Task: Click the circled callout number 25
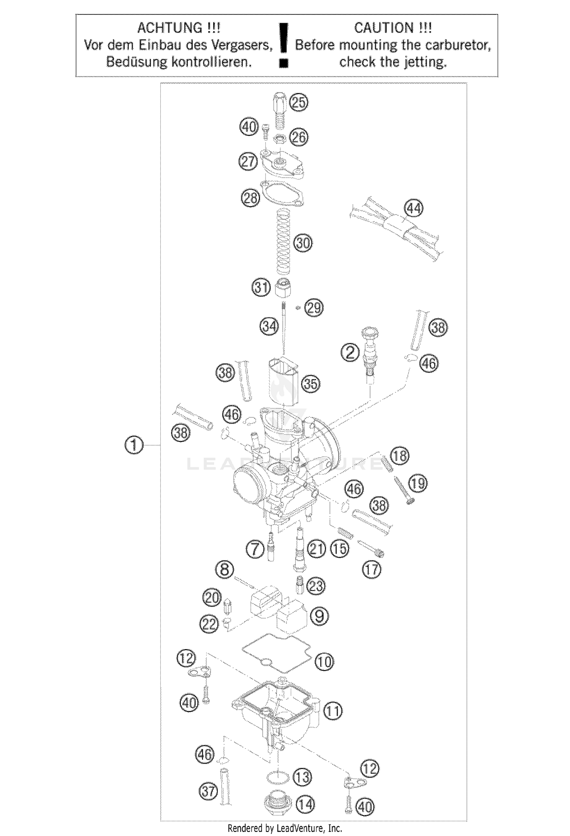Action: tap(299, 103)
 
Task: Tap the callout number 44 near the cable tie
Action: tap(414, 208)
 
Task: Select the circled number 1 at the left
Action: tap(134, 445)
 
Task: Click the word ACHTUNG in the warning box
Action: tap(169, 28)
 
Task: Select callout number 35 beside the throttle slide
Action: tap(310, 384)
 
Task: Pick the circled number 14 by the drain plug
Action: tap(305, 804)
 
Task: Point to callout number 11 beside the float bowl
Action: tap(333, 711)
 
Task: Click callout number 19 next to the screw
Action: tap(418, 484)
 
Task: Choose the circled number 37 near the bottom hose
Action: tap(208, 792)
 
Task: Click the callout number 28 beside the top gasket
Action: tap(250, 198)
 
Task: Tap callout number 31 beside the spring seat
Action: tap(261, 287)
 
